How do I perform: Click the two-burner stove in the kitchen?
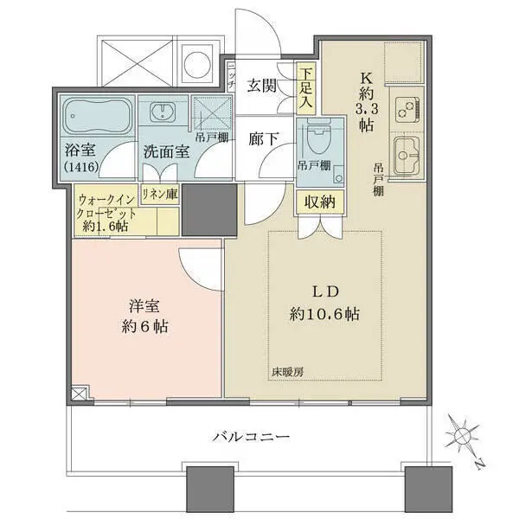pos(407,110)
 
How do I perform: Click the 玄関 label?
pos(262,85)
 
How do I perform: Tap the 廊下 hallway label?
pos(262,137)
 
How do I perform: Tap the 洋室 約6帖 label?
pos(143,317)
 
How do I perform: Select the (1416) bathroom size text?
pos(80,167)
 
